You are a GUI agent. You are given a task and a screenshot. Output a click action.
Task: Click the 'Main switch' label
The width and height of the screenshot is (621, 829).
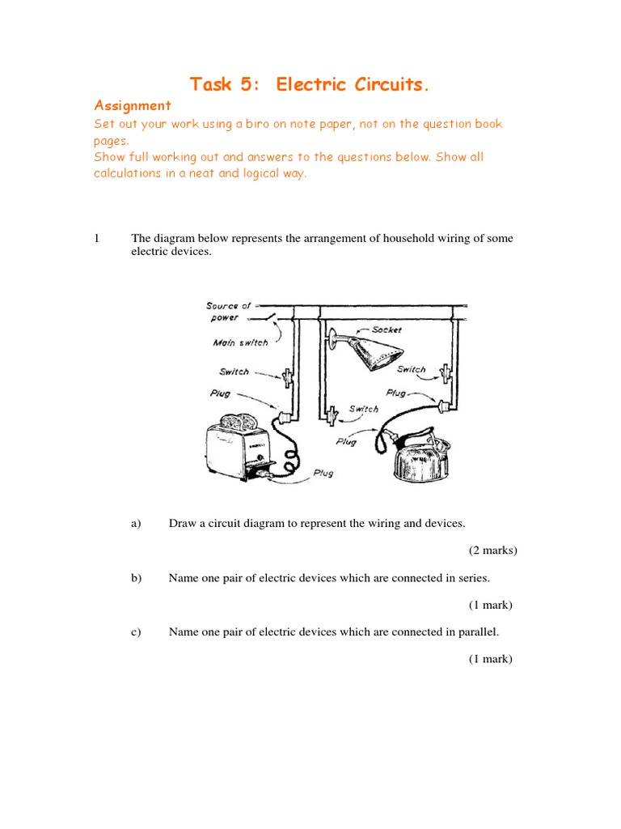[240, 342]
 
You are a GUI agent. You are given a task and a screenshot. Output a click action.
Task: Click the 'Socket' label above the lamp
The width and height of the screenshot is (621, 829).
[387, 330]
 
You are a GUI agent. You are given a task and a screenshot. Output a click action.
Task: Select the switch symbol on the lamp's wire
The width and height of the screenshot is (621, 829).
[332, 416]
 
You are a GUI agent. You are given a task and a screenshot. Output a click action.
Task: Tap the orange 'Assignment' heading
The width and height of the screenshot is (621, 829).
[133, 105]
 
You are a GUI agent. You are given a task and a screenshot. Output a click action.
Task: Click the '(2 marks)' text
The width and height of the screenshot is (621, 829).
[492, 551]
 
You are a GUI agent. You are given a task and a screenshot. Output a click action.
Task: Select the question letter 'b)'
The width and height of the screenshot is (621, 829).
[136, 578]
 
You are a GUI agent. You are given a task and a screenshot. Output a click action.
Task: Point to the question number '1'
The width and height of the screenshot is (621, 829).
[96, 238]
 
